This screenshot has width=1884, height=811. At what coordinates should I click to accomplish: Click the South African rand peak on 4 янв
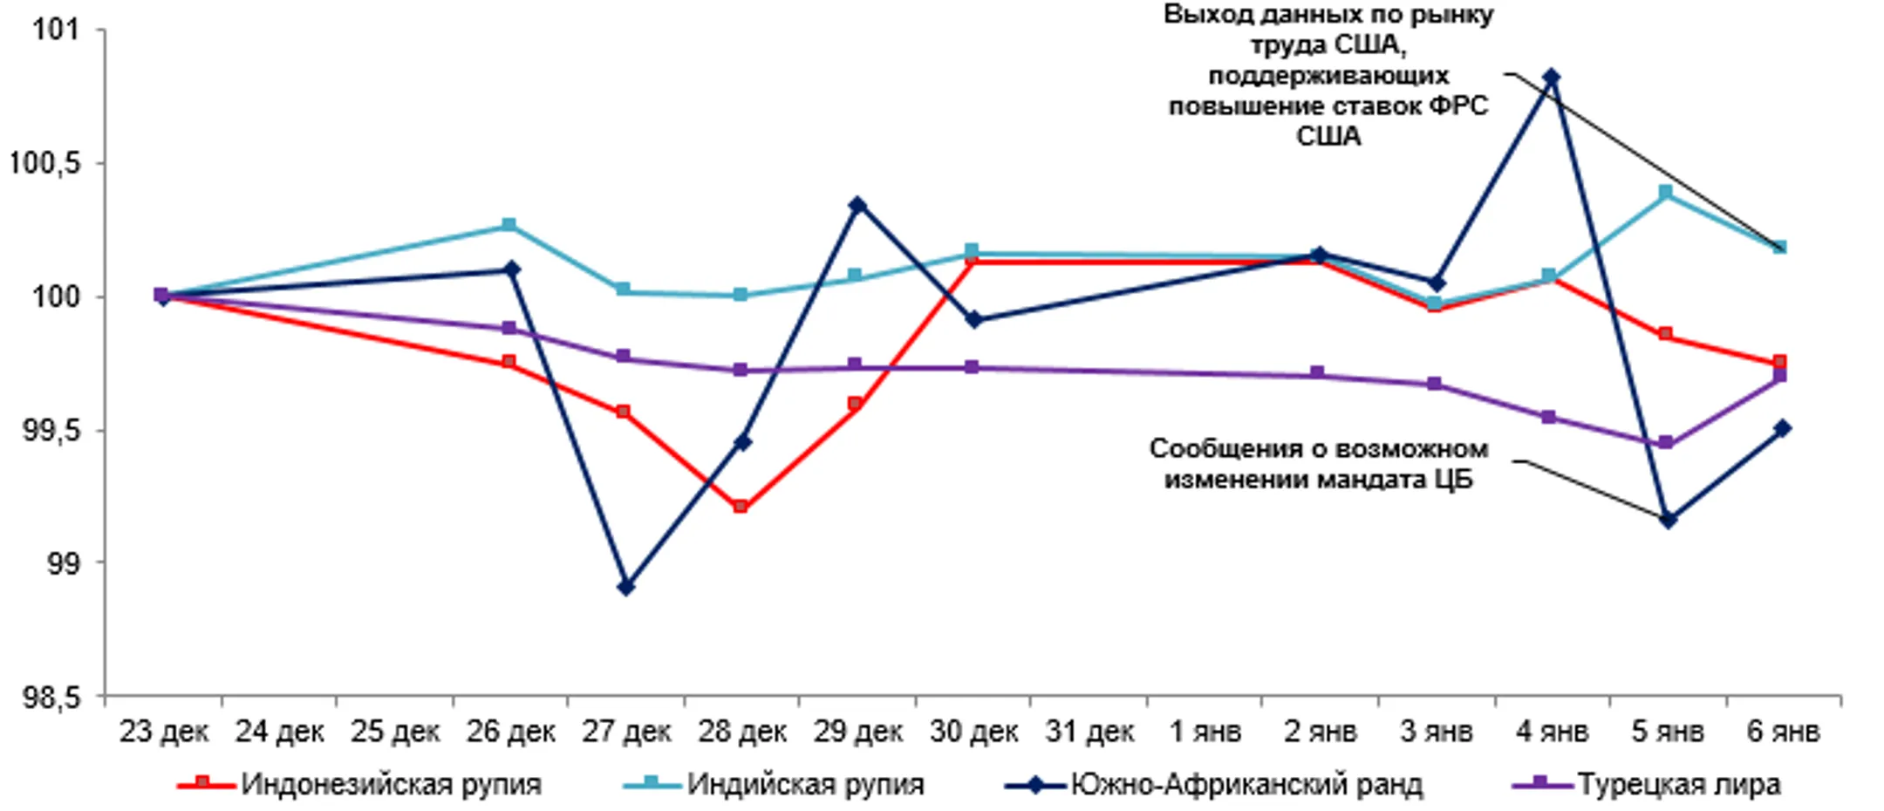tap(1550, 78)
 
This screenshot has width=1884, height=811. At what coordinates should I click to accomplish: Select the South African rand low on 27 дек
tap(625, 587)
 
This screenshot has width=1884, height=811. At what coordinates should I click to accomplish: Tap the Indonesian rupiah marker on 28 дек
tap(741, 507)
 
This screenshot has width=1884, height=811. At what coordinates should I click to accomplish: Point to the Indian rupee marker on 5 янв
tap(1665, 192)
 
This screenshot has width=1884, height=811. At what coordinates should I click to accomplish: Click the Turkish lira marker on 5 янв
tap(1665, 443)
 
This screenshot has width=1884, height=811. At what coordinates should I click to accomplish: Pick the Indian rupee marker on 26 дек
tap(510, 226)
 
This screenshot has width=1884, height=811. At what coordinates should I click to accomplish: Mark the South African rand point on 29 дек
tap(857, 206)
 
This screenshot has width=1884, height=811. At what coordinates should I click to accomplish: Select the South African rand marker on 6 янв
tap(1782, 428)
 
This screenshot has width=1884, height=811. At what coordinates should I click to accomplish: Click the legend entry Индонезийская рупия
tap(391, 784)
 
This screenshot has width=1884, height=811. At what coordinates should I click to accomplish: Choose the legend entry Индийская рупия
tap(805, 784)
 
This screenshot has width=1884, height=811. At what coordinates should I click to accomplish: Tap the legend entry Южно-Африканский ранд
tap(1246, 784)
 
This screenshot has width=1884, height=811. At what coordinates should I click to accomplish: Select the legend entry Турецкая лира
tap(1678, 784)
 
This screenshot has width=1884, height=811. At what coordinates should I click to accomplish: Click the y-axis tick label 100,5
tap(44, 163)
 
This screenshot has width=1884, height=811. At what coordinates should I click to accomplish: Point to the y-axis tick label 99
tap(63, 563)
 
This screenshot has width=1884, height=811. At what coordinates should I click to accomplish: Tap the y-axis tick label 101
tap(55, 30)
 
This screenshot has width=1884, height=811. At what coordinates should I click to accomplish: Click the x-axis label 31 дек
tap(1089, 732)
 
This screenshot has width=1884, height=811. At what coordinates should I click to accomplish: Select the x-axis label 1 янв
tap(1205, 732)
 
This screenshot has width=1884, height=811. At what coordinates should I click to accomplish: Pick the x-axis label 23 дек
tap(164, 732)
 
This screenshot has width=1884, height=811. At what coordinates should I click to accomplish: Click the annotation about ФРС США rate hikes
tap(1328, 76)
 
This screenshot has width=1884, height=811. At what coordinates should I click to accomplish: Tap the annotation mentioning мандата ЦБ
tap(1318, 463)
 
